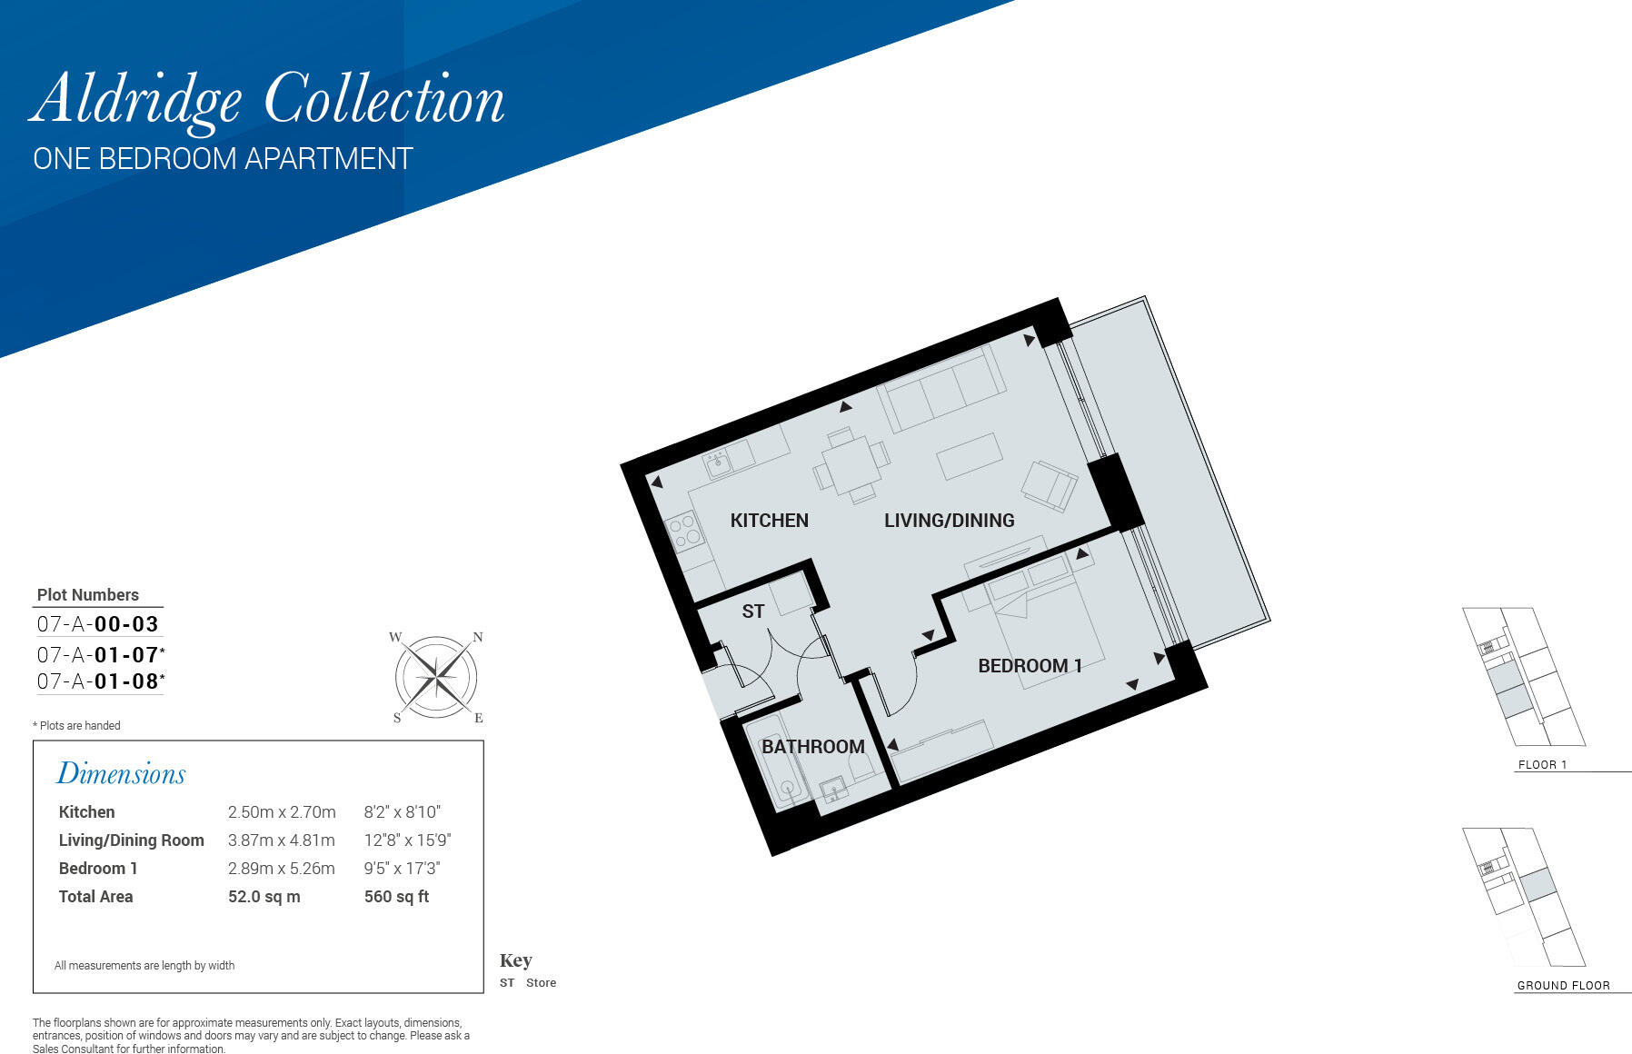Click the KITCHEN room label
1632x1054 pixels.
(769, 521)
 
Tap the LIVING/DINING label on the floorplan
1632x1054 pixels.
(949, 521)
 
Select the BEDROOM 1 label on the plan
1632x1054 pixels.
(1030, 666)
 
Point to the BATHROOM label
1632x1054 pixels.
(812, 747)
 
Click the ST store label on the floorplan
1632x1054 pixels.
(752, 612)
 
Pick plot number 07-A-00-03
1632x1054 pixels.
(98, 624)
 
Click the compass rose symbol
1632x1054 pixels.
(437, 677)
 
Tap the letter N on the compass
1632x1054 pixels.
(478, 637)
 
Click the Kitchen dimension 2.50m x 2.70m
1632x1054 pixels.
(282, 812)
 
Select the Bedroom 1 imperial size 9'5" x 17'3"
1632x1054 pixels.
(403, 869)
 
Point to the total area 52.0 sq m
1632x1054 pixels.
(264, 897)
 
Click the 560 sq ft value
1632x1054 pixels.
(396, 897)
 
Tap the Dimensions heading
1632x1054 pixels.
(121, 773)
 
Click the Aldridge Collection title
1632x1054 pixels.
(267, 101)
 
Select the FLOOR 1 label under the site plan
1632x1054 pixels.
(1542, 765)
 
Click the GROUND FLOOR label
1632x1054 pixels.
(1563, 986)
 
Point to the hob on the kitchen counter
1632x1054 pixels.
(684, 530)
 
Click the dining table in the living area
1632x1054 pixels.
(851, 465)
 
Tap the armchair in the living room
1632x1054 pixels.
(1050, 484)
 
